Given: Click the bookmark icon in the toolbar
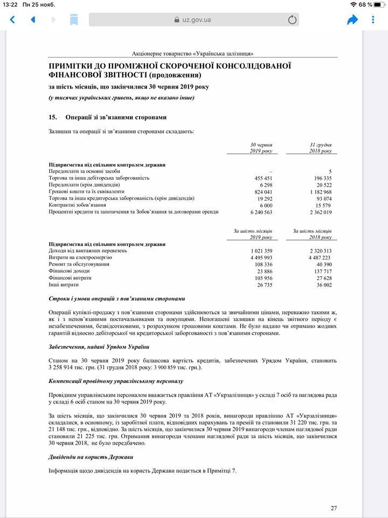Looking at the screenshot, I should [x=74, y=20].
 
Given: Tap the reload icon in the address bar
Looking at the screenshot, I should [x=292, y=20].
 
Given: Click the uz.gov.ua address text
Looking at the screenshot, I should [x=196, y=20].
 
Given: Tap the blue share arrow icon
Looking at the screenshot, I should [x=352, y=20].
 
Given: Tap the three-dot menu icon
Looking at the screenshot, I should [x=373, y=20].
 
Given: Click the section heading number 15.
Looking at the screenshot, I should [x=53, y=117].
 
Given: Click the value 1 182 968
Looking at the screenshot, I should [x=321, y=192].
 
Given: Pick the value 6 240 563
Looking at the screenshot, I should [x=260, y=212].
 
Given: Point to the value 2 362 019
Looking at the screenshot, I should [x=321, y=212].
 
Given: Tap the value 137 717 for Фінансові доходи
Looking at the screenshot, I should [x=322, y=271].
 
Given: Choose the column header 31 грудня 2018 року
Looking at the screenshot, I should [x=320, y=148].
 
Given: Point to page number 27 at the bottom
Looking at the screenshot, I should [x=334, y=508].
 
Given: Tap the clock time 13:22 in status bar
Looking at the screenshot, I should [x=11, y=4].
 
